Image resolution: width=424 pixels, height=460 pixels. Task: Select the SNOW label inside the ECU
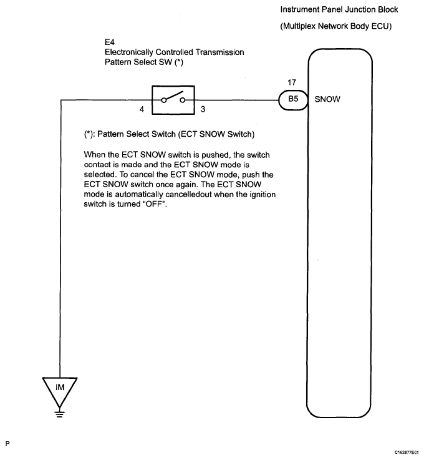point(327,99)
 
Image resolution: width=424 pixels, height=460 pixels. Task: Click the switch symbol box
point(169,99)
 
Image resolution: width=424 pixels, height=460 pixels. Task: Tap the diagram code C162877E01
point(406,451)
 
